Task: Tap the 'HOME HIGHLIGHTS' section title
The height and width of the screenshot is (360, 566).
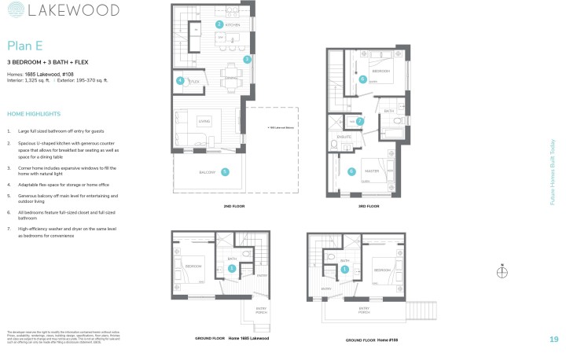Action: click(33, 112)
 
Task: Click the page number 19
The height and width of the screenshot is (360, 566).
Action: click(553, 339)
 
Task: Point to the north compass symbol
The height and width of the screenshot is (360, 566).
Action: click(502, 272)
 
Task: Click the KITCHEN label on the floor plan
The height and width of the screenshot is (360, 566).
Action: click(232, 25)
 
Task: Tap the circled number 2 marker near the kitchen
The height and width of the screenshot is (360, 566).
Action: click(219, 24)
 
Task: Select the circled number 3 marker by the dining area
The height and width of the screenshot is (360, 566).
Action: click(246, 59)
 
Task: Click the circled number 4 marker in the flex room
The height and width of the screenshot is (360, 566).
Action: click(180, 80)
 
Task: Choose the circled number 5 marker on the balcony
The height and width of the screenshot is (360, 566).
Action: click(225, 171)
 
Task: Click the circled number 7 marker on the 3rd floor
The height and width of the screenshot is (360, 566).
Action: click(360, 122)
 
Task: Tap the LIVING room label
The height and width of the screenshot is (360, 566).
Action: click(204, 121)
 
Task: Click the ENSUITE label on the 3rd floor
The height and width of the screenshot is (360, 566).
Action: click(344, 137)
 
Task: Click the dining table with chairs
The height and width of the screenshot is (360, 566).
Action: click(232, 68)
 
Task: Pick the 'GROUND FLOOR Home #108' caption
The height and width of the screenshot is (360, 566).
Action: click(373, 340)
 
